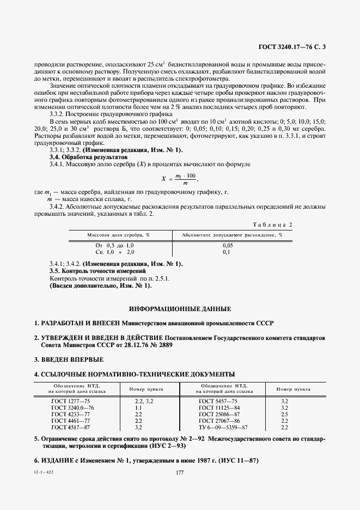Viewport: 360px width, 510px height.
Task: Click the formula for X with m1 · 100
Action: pyautogui.click(x=180, y=178)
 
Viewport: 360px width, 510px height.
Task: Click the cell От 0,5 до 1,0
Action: pyautogui.click(x=114, y=246)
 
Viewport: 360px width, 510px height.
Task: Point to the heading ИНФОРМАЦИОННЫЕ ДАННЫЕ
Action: pyautogui.click(x=180, y=308)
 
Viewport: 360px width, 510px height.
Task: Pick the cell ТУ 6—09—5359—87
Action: pyautogui.click(x=223, y=427)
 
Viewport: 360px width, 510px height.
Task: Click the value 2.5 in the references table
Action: pyautogui.click(x=284, y=414)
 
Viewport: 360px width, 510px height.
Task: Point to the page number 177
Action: pyautogui.click(x=180, y=472)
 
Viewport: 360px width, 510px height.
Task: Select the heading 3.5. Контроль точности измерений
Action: pyautogui.click(x=97, y=271)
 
